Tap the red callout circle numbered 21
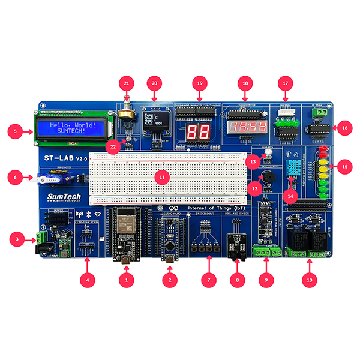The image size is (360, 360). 125,82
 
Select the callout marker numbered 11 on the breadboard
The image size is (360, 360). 160,176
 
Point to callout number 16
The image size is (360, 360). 344,127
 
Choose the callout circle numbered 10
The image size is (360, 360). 310,279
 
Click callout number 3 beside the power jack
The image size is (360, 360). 17,240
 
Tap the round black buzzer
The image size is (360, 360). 266,178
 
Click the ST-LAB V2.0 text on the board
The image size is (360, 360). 61,157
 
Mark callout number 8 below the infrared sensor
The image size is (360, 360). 238,279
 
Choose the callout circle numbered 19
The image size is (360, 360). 200,82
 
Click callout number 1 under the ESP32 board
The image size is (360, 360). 126,279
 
